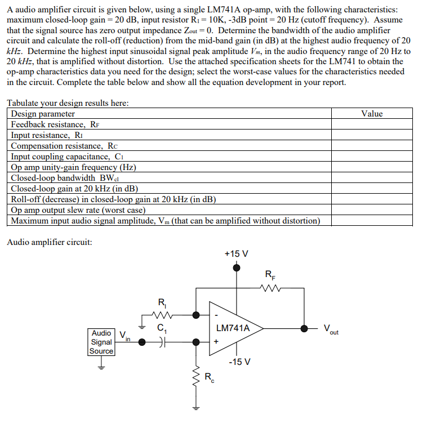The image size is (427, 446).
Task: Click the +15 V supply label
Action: (236, 254)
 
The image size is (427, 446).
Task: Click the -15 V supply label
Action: (240, 361)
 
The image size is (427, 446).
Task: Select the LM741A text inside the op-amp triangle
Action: (233, 328)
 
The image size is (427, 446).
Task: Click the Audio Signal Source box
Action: (101, 342)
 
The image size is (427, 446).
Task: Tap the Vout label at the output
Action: (331, 329)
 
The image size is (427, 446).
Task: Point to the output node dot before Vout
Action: (304, 328)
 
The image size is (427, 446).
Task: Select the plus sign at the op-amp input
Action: (216, 341)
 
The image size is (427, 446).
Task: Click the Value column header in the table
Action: (371, 114)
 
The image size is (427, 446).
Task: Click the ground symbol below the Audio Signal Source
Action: (101, 365)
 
